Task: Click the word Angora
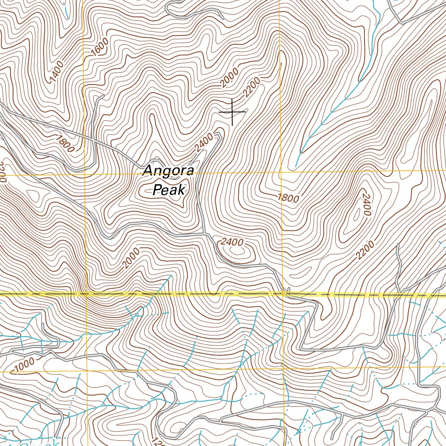[x=168, y=171]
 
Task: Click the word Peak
[x=169, y=189]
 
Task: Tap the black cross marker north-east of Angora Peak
[x=232, y=112]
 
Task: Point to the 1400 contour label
[x=57, y=72]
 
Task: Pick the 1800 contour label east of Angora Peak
[x=288, y=197]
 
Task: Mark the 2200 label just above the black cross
[x=252, y=87]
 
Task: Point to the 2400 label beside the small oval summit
[x=232, y=242]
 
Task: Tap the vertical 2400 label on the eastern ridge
[x=365, y=203]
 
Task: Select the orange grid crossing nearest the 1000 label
[x=88, y=372]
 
